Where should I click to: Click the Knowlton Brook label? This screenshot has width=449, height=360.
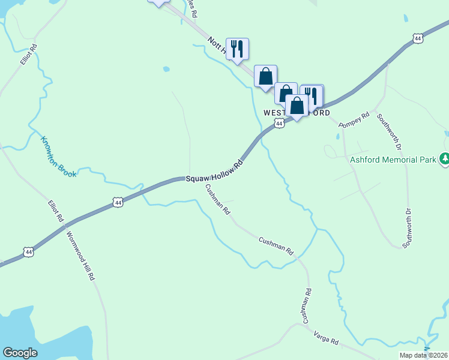click(58, 157)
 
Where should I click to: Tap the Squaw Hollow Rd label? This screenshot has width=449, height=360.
click(214, 172)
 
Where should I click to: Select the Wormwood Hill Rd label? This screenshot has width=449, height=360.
click(80, 256)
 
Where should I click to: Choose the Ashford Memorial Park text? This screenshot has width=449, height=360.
click(393, 160)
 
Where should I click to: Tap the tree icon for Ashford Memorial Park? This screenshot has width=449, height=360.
click(445, 159)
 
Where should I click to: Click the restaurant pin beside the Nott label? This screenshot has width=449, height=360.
click(237, 49)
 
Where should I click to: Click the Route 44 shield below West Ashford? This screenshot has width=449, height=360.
click(279, 123)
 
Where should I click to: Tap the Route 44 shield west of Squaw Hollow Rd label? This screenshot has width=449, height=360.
click(118, 203)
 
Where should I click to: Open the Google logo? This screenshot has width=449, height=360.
click(20, 352)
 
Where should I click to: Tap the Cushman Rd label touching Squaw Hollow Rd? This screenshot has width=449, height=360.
click(217, 200)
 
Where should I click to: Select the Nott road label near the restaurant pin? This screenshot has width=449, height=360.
click(217, 46)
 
